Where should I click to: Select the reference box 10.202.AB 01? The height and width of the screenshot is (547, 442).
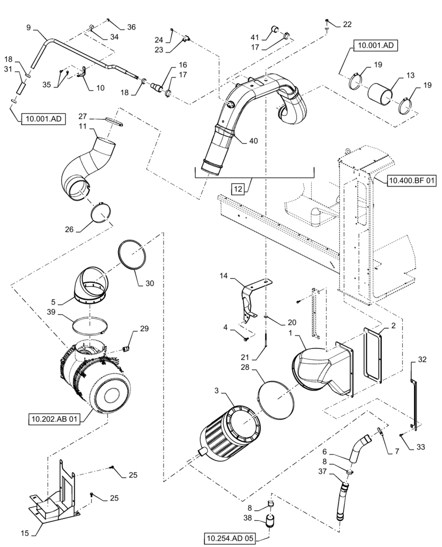point(53,420)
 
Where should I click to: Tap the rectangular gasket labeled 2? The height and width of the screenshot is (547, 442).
point(373,356)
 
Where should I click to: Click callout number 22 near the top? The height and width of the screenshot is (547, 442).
point(347,24)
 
